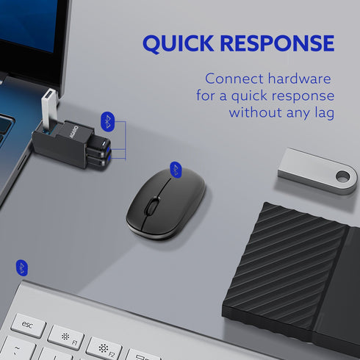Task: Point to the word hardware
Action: click(299, 79)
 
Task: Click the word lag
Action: click(322, 112)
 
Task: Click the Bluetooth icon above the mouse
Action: click(176, 169)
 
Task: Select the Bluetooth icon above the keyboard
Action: click(22, 266)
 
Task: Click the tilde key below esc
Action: click(15, 349)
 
